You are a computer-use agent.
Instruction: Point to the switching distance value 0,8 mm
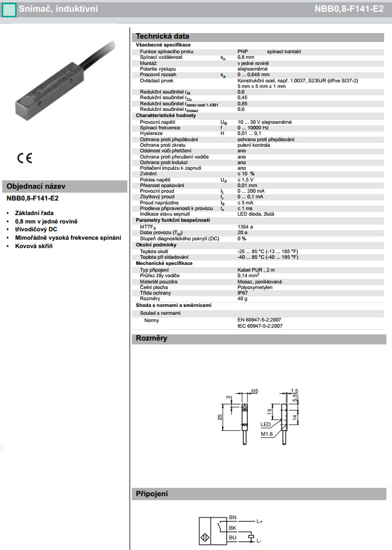[246, 57]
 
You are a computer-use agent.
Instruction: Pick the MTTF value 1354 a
[245, 226]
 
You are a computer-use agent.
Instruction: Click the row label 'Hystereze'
[151, 133]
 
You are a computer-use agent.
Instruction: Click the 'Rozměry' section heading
[151, 338]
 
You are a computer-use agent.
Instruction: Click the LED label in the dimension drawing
[265, 424]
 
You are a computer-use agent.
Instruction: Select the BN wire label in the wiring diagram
[233, 516]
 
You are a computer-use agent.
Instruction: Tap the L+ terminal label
[260, 521]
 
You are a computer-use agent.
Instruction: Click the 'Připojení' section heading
[152, 494]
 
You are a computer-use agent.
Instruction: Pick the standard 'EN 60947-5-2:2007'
[259, 320]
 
